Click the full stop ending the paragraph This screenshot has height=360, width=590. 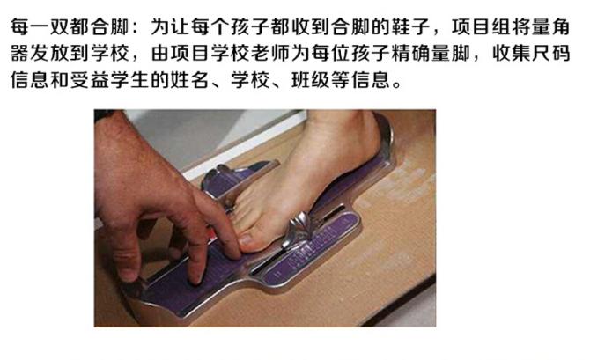tap(396, 84)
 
